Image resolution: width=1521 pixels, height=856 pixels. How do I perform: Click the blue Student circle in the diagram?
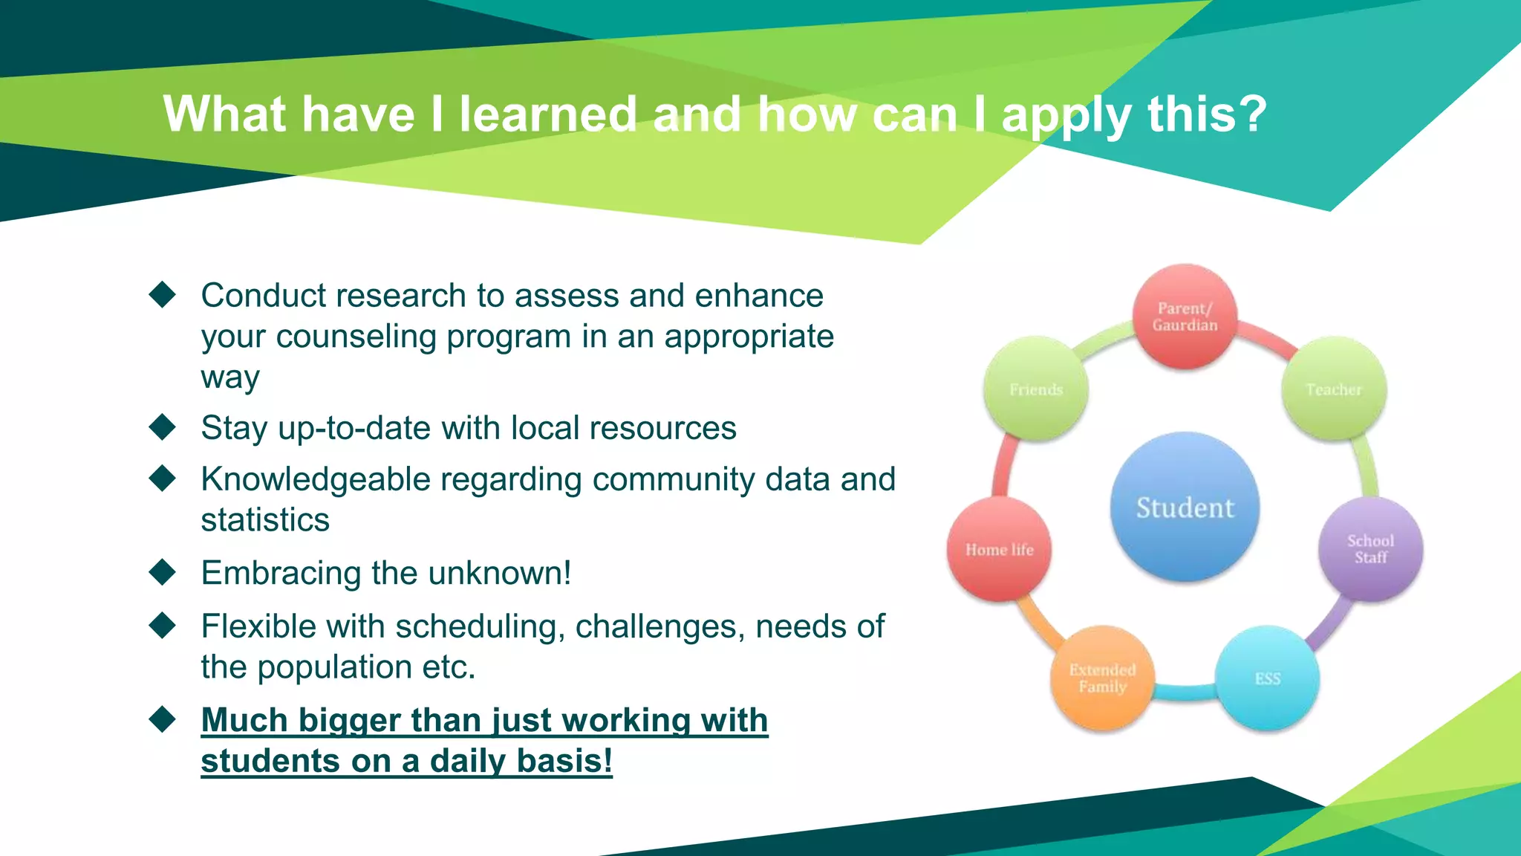1185,508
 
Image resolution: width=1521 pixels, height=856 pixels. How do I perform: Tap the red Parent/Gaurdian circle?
1185,317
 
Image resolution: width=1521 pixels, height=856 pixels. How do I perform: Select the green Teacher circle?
1334,389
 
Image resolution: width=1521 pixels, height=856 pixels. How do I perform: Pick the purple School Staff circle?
1370,549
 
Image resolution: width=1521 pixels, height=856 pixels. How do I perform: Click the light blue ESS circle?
1268,678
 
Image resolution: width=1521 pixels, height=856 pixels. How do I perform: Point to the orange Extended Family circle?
1102,678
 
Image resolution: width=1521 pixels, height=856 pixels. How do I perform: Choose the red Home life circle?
999,549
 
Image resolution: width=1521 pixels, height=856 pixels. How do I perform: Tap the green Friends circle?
1035,389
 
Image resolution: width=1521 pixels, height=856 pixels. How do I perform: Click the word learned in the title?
548,114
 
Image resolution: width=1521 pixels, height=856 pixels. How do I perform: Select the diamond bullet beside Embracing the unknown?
162,572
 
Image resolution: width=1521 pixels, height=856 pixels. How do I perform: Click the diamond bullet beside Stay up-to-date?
162,427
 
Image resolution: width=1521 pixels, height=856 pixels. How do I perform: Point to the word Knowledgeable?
316,480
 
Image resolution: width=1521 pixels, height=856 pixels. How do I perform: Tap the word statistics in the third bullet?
265,519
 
